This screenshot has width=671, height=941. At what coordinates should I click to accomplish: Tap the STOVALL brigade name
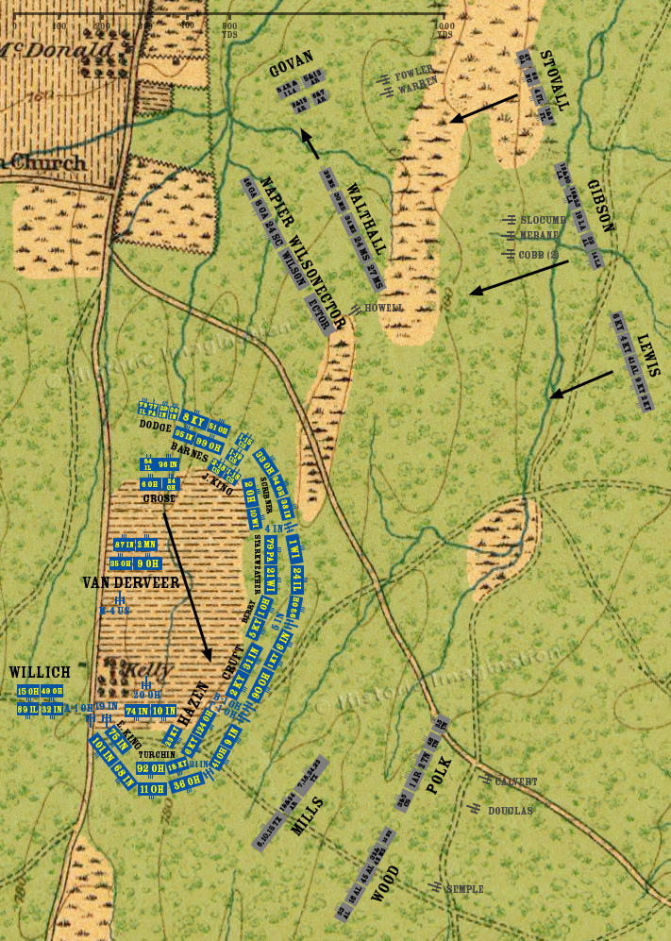point(555,80)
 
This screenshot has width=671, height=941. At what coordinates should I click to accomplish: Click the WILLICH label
point(40,672)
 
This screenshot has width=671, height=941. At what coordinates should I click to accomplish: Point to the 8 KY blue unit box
point(193,419)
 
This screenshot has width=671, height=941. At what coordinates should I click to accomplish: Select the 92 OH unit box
point(151,768)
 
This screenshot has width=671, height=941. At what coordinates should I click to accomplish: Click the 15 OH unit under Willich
point(27,692)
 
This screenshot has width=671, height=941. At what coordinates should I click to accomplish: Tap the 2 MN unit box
point(146,545)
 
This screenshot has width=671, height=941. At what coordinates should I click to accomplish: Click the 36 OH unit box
point(188,781)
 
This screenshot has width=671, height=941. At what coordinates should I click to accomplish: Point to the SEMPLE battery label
point(464,889)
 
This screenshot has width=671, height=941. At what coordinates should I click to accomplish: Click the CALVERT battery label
point(515,781)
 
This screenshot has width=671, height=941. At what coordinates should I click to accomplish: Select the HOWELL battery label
point(384,308)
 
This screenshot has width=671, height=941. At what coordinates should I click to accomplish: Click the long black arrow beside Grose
point(186,585)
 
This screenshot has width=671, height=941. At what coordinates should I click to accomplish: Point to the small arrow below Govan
point(310,144)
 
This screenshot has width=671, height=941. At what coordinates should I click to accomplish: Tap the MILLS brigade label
point(310,815)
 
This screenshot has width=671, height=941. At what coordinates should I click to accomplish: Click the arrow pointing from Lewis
point(581,384)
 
